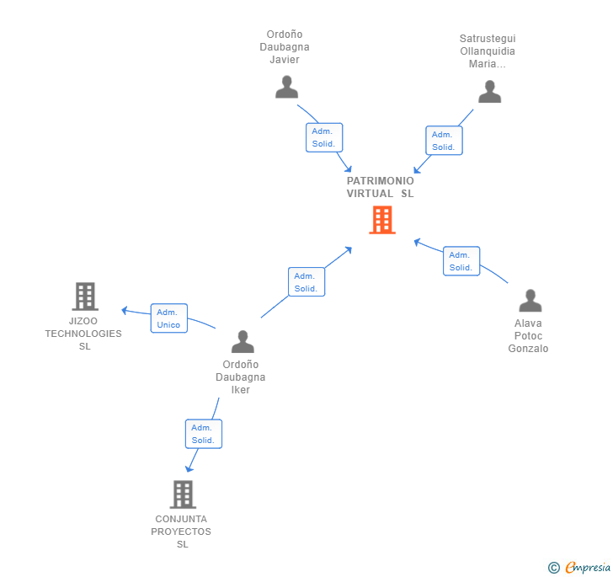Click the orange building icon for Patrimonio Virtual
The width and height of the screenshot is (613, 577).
coord(382,220)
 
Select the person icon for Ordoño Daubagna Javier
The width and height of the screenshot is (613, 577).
coord(286,87)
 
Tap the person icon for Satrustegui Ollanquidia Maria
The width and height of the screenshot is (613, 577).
coord(489,92)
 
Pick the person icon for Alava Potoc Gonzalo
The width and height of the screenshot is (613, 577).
coord(530,301)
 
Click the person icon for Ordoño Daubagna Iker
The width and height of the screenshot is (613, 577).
coord(243,341)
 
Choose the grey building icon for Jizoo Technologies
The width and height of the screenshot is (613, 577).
coord(85,297)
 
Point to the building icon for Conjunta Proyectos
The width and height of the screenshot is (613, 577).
coord(183,494)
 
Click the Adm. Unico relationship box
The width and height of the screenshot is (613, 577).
coord(169,318)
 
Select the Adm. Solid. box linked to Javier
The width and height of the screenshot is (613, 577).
coord(324,137)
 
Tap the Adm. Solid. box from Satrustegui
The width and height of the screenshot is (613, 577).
coord(444,141)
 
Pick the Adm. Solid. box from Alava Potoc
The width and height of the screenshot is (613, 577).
coord(461,261)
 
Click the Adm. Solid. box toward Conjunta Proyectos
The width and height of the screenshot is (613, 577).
coord(203,434)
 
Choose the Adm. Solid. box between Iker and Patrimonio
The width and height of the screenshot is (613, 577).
coord(306,282)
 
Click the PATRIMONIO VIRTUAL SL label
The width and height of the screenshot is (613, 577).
coord(380,187)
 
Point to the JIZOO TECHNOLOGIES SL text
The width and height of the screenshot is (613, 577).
coord(83,334)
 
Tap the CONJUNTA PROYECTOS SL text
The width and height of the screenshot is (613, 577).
coord(181,532)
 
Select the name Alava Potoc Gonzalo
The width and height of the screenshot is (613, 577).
coord(528,335)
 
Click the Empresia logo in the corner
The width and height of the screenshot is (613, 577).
coord(579,567)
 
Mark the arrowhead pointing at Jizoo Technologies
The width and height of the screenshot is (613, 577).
coord(125,311)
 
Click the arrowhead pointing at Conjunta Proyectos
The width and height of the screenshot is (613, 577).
coord(189,468)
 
